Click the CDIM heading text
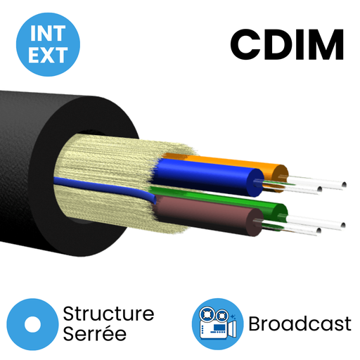click(287, 44)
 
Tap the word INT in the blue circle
click(48, 33)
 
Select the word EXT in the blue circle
click(48, 55)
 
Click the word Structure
click(108, 314)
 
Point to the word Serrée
click(95, 333)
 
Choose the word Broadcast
click(300, 324)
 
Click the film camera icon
click(218, 324)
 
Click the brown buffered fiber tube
click(206, 216)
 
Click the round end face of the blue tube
click(255, 183)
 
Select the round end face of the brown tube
click(255, 222)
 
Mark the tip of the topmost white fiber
click(344, 184)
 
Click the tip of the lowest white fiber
click(319, 231)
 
